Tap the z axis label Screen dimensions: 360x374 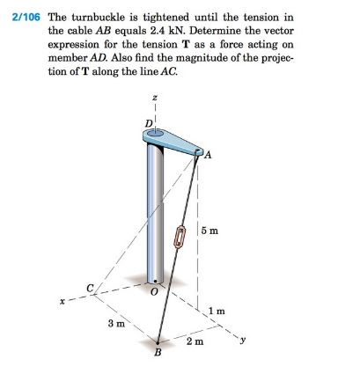pyautogui.click(x=156, y=99)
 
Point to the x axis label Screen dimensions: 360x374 pyautogui.click(x=61, y=301)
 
